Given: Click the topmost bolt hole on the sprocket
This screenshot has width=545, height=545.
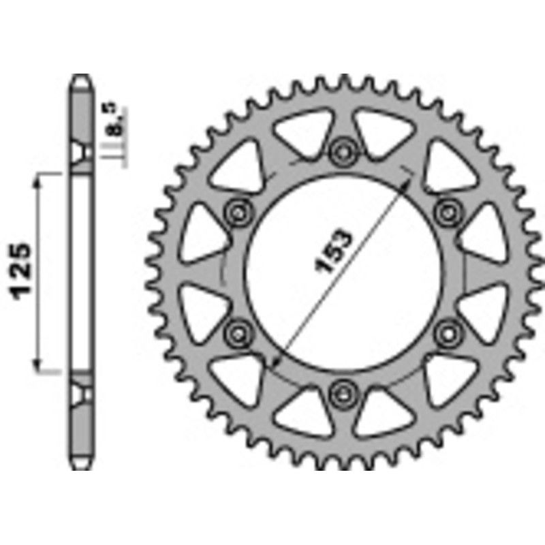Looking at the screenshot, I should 342,150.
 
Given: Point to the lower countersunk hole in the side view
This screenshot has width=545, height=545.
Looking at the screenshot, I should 81,394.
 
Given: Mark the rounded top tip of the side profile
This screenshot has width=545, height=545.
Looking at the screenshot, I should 81,76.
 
